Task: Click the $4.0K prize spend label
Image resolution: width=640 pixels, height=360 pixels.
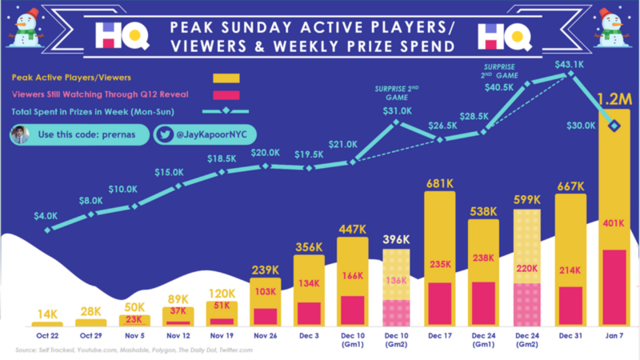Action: click(46, 215)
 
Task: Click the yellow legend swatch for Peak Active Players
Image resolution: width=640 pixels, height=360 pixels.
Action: click(226, 78)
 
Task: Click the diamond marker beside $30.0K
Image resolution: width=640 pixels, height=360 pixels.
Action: click(614, 125)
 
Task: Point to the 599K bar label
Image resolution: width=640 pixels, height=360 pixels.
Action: click(526, 200)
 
